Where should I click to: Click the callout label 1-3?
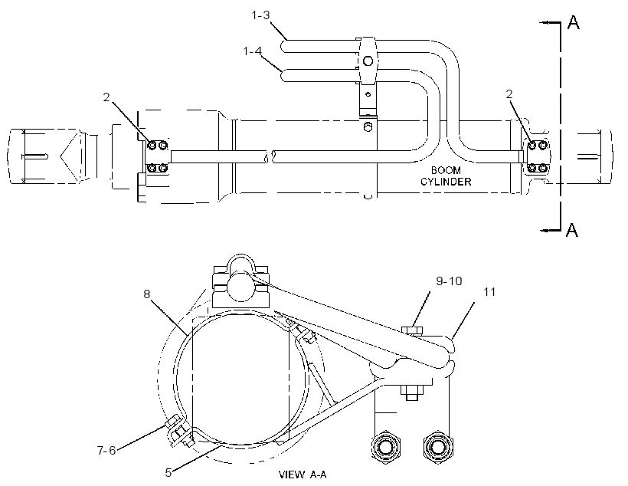pos(260,15)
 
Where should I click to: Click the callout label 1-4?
pos(253,51)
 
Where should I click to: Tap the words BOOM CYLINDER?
pos(446,176)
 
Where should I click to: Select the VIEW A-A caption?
pos(303,475)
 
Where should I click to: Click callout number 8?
pos(147,294)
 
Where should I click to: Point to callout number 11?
pos(489,292)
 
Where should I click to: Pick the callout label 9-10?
pos(449,281)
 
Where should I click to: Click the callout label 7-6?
pos(106,450)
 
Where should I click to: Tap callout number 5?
pos(168,472)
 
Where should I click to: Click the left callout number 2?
pos(106,97)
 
